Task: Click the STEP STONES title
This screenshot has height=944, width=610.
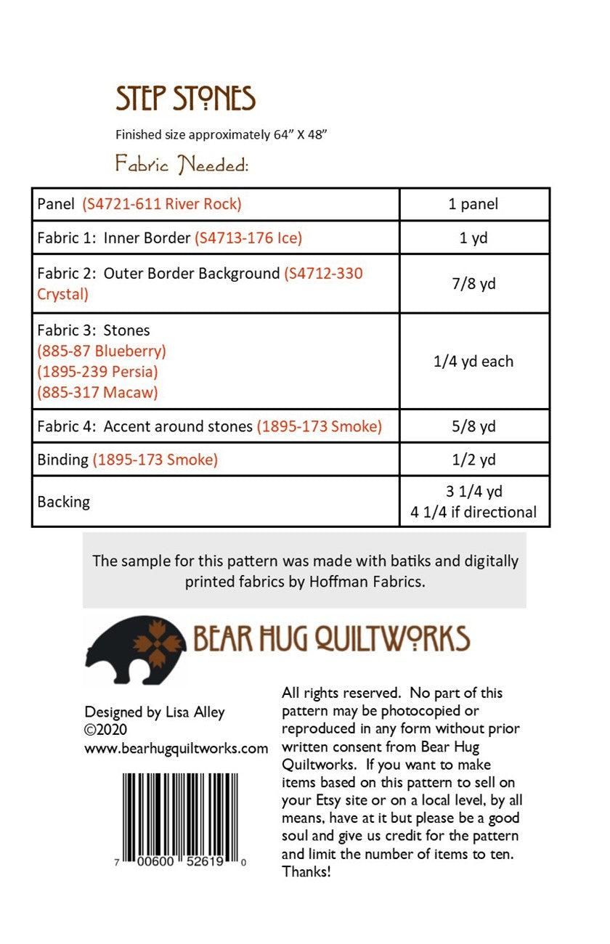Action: point(185,99)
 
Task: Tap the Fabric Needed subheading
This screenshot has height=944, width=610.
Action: point(182,165)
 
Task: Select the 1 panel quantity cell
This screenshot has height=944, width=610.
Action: point(473,204)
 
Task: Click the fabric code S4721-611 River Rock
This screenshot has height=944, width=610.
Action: point(162,204)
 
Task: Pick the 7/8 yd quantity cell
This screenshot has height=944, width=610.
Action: point(473,283)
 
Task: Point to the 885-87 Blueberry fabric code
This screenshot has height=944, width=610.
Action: point(102,351)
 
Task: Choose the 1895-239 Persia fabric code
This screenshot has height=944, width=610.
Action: point(97,372)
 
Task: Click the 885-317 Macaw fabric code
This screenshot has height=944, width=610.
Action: point(97,393)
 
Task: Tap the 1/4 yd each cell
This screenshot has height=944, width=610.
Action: point(473,361)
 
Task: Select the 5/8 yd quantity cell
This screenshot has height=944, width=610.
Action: point(473,426)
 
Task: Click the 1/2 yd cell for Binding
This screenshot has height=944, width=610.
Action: point(473,460)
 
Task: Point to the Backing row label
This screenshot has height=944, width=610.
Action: point(64,502)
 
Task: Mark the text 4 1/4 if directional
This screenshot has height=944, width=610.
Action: point(473,512)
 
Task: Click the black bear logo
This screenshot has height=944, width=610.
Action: point(135,641)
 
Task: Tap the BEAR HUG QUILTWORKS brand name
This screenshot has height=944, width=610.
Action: point(331,639)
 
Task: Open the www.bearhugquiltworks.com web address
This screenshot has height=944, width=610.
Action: point(176,748)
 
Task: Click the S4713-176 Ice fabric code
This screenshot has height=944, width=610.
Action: point(248,237)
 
